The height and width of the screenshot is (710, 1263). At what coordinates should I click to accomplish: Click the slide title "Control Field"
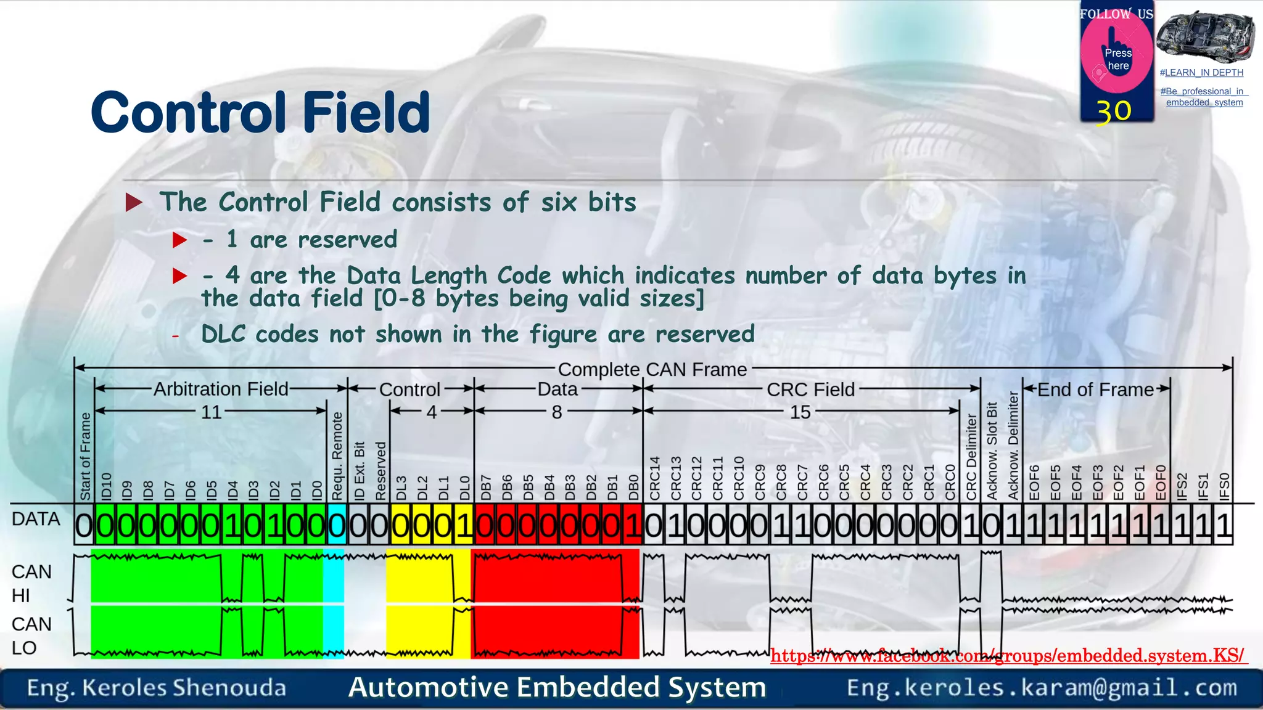(x=260, y=112)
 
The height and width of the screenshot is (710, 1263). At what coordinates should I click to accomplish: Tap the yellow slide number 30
(x=1114, y=112)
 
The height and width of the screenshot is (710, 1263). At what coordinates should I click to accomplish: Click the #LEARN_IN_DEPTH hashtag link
(x=1201, y=73)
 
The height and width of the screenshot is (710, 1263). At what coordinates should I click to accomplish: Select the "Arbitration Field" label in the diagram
(x=221, y=389)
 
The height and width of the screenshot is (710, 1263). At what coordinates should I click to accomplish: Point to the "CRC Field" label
(x=810, y=390)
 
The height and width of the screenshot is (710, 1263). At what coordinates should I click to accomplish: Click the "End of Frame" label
(x=1095, y=390)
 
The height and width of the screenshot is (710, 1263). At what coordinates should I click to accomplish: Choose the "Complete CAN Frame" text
(x=652, y=369)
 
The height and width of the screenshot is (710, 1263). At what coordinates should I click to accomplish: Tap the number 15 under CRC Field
(x=800, y=412)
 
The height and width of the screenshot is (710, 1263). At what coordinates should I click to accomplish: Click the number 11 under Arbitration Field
(x=211, y=412)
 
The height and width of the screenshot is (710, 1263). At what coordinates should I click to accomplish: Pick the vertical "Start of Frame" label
(x=85, y=456)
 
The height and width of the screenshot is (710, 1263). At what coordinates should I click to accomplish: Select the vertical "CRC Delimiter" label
(x=971, y=457)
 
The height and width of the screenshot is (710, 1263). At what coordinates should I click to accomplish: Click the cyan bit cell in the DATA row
(x=337, y=525)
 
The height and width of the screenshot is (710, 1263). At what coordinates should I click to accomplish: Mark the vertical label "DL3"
(x=401, y=487)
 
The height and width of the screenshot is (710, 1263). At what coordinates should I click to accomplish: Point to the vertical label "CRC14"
(x=655, y=478)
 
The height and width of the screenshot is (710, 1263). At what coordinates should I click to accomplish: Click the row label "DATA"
(x=36, y=519)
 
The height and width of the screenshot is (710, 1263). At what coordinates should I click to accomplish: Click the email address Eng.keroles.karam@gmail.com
(x=1042, y=687)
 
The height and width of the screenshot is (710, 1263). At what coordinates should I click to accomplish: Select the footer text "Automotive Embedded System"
(x=557, y=687)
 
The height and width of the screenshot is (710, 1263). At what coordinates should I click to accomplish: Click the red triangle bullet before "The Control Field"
(x=134, y=202)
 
